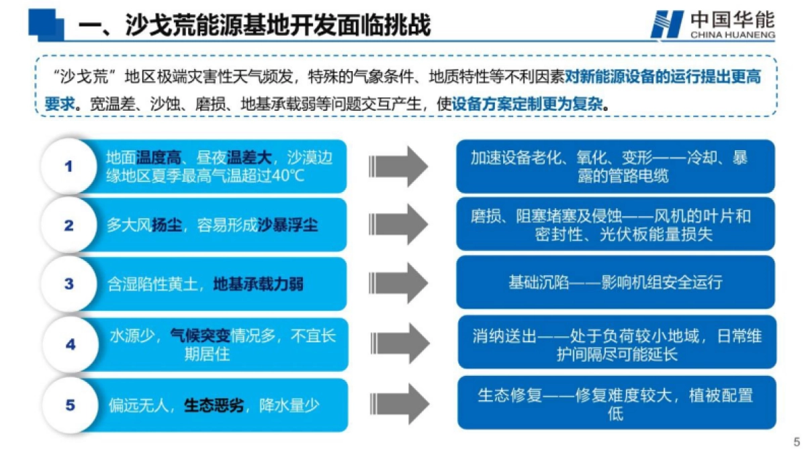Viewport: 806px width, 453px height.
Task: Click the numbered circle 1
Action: click(69, 166)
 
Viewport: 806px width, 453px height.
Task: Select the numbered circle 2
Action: click(69, 225)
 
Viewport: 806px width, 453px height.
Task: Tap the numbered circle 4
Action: click(70, 344)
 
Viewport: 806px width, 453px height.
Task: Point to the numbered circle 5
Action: click(70, 405)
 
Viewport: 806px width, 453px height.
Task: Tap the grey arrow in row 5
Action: click(399, 403)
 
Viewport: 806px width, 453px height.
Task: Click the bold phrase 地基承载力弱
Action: click(258, 284)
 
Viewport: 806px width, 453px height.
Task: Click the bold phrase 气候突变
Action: click(200, 336)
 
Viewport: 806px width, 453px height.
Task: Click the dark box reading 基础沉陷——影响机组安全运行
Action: click(615, 282)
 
